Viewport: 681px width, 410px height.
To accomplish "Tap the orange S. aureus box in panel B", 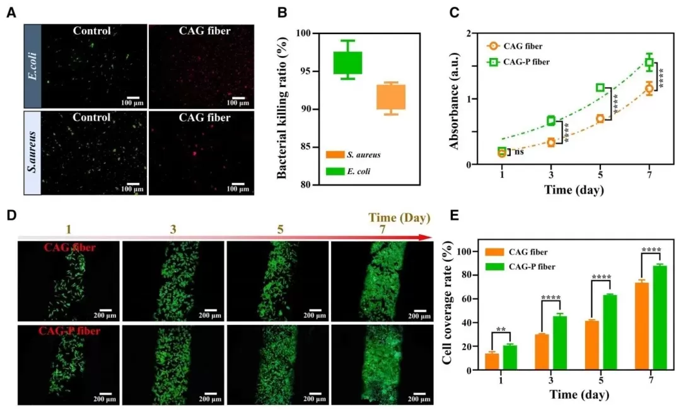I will pos(391,97).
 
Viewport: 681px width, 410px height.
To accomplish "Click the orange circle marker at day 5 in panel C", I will pos(600,119).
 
